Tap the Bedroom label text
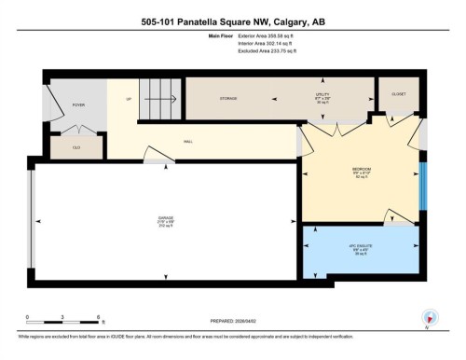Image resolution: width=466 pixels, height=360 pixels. [x=363, y=169]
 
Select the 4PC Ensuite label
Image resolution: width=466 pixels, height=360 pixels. [x=361, y=247]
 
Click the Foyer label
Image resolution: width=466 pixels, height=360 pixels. [x=78, y=105]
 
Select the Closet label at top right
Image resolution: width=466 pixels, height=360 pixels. [x=397, y=94]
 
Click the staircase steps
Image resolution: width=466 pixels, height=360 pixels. [x=161, y=99]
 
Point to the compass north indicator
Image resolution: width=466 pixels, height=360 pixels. [x=429, y=315]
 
